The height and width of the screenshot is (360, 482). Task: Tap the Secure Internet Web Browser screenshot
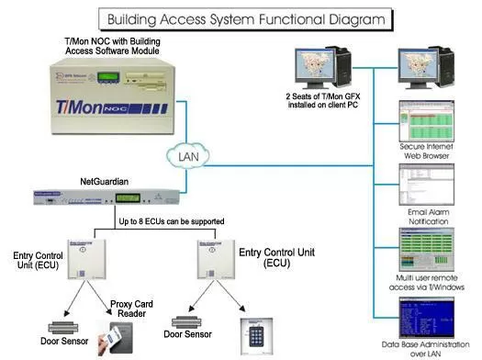click(x=423, y=120)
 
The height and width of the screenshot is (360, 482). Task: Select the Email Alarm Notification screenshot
click(x=423, y=186)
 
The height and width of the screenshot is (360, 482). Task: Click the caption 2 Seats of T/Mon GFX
click(x=327, y=99)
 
